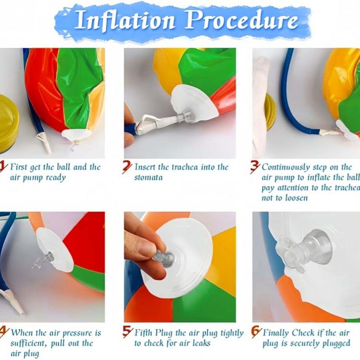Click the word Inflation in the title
click(x=125, y=21)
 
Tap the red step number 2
click(x=127, y=167)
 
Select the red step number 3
click(x=255, y=167)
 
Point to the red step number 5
click(x=127, y=332)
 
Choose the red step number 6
click(x=256, y=332)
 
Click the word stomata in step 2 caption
click(x=148, y=177)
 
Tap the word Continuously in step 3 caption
click(x=285, y=168)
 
